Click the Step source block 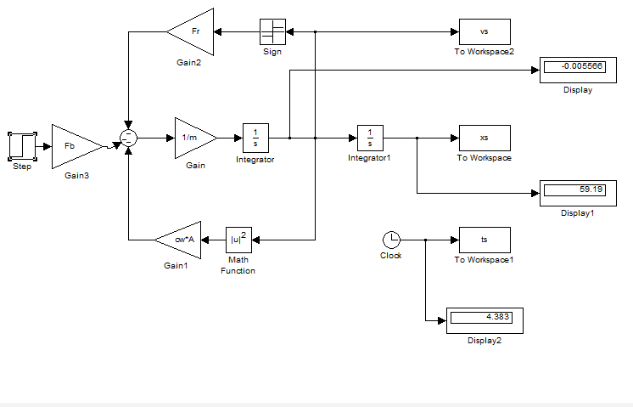pyautogui.click(x=22, y=146)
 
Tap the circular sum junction pyautogui.click(x=127, y=138)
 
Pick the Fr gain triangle pyautogui.click(x=193, y=32)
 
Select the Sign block pyautogui.click(x=271, y=32)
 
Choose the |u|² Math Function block pyautogui.click(x=238, y=240)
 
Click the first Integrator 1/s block pyautogui.click(x=255, y=138)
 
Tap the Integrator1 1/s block pyautogui.click(x=370, y=138)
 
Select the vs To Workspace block pyautogui.click(x=485, y=32)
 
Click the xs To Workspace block pyautogui.click(x=485, y=138)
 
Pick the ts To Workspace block pyautogui.click(x=485, y=240)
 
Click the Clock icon pyautogui.click(x=390, y=240)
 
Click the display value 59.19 pyautogui.click(x=574, y=189)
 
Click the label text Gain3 pyautogui.click(x=76, y=176)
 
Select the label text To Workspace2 pyautogui.click(x=485, y=53)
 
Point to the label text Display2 pyautogui.click(x=485, y=341)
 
